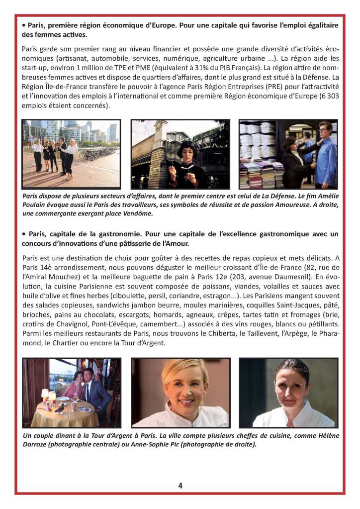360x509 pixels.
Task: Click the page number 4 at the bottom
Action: click(x=180, y=486)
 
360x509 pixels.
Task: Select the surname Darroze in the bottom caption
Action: click(x=40, y=444)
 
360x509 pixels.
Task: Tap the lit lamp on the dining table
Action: click(x=52, y=396)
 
